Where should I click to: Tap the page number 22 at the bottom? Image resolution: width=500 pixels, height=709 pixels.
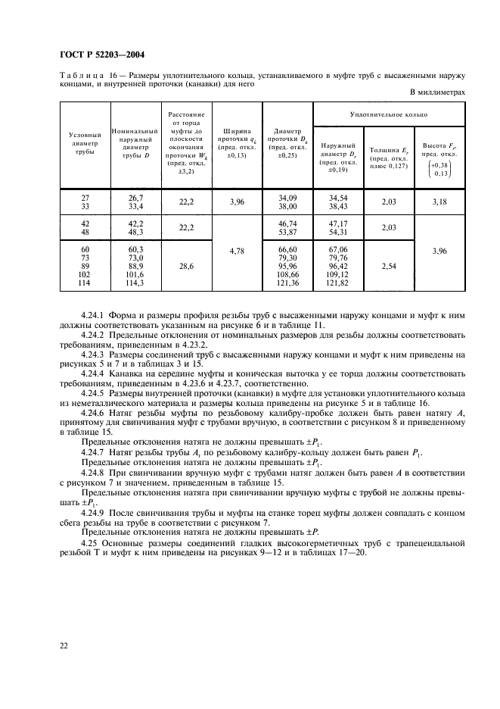click(x=61, y=645)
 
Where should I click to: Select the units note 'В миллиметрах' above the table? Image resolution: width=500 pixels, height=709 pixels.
click(x=437, y=93)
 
